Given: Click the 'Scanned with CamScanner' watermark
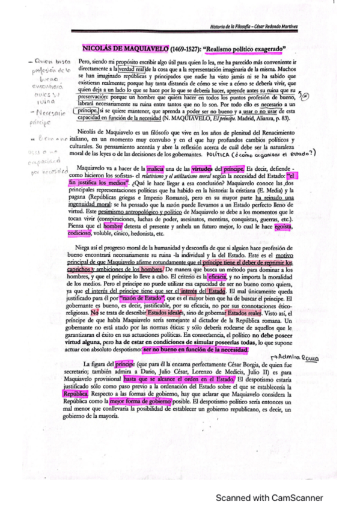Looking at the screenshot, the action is pyautogui.click(x=269, y=498).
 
